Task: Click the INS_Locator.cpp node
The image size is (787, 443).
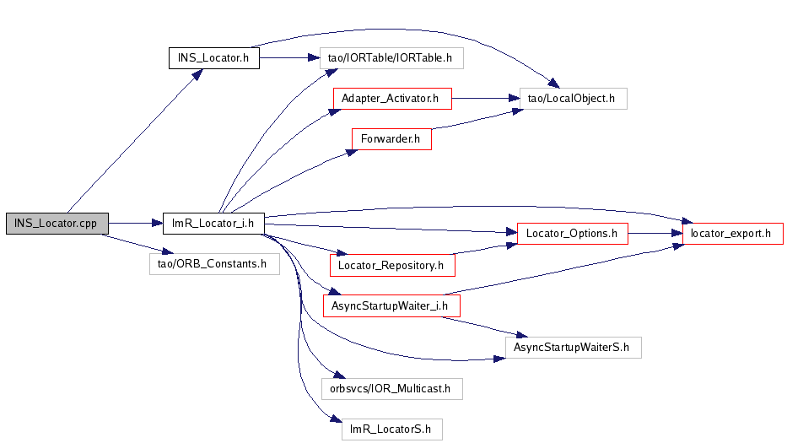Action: point(57,224)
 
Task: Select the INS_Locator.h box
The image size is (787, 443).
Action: point(213,58)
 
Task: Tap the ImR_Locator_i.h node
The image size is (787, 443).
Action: point(213,224)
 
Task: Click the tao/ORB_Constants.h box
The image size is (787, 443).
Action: point(213,263)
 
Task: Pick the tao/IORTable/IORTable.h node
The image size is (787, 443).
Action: point(391,58)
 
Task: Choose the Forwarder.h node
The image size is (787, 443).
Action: point(391,138)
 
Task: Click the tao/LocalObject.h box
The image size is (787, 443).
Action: point(573,99)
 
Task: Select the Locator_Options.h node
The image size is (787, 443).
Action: point(572,233)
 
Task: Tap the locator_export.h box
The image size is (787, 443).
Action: point(732,233)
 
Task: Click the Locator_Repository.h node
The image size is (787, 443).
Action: point(391,265)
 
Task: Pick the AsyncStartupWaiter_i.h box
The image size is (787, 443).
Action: point(391,305)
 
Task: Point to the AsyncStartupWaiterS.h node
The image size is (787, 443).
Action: point(573,346)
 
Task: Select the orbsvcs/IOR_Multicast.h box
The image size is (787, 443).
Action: point(391,388)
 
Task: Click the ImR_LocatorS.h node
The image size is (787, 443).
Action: point(391,429)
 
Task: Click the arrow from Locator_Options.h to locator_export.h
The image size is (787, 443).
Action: point(655,233)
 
